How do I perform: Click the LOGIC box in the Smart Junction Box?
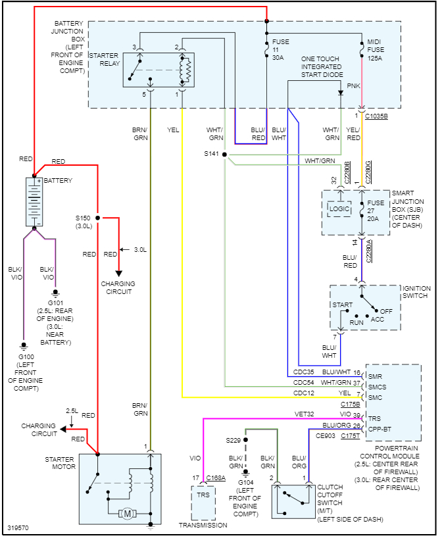pos(340,210)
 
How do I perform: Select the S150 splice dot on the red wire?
pos(97,217)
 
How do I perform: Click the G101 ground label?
pos(55,303)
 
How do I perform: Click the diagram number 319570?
pos(18,528)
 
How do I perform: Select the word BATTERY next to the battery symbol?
pos(59,181)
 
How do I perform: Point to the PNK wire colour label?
pos(353,86)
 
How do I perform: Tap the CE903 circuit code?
pos(326,435)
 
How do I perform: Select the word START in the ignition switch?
pos(343,305)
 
